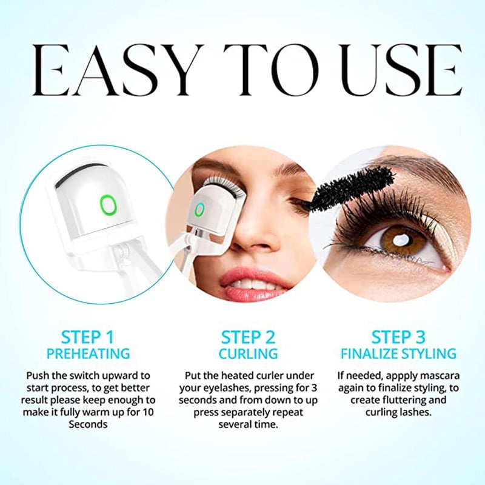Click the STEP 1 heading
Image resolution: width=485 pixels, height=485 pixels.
(88, 337)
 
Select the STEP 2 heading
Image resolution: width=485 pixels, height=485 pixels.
(248, 337)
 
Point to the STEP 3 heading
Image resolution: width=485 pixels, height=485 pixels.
(398, 337)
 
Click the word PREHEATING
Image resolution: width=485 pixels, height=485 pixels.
(88, 354)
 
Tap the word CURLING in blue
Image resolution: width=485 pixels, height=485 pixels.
(248, 354)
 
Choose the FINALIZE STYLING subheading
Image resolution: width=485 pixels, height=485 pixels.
(398, 354)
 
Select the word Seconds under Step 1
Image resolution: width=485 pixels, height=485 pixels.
(88, 424)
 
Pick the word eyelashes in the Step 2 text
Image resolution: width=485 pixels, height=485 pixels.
(224, 389)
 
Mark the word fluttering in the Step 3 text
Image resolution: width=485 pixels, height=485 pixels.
(404, 400)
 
